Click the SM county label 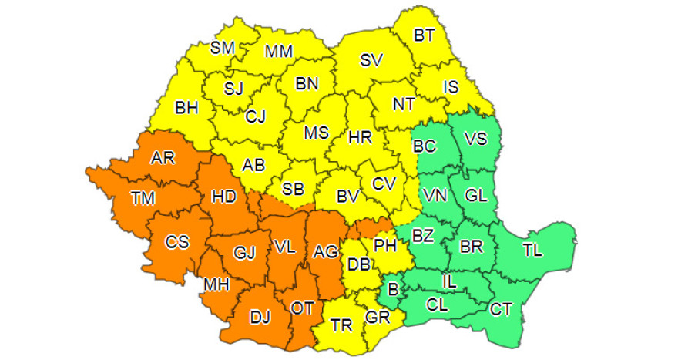point(223,48)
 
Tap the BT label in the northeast point(424,35)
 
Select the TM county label point(143,199)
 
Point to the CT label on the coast point(501,310)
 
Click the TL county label point(532,251)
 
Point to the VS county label point(475,139)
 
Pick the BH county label point(186,109)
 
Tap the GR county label point(378,316)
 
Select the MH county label point(216,284)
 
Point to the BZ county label point(422,234)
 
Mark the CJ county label point(256,117)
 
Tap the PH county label point(384,247)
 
